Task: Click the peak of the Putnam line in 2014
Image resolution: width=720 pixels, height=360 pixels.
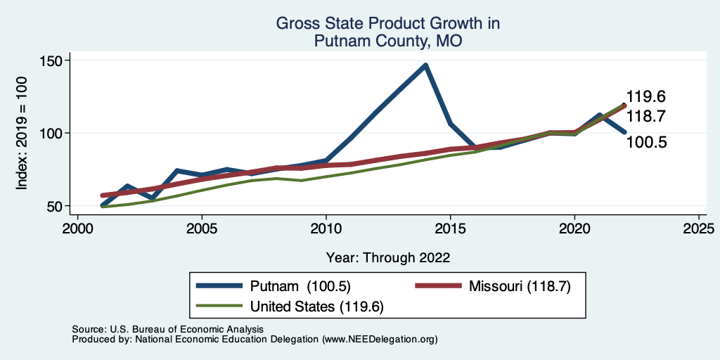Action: coord(425,65)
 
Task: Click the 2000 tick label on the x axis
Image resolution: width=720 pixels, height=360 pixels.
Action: coord(77,229)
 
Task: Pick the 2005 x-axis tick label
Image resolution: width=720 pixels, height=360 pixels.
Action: coord(202,229)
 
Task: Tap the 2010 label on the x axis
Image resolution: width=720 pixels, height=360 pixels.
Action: coord(326,229)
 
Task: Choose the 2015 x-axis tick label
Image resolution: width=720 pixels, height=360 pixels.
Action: coord(450,229)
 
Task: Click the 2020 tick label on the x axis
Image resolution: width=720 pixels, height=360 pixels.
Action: coord(574,229)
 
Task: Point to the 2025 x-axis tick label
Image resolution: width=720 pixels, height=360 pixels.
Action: coord(699,229)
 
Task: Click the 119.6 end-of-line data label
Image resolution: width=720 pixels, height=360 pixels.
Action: coord(646,97)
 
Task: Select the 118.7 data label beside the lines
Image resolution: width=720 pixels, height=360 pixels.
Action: coord(646,116)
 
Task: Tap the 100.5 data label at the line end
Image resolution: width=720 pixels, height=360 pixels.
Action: coord(646,143)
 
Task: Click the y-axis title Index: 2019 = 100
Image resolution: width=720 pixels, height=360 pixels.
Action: coord(22,134)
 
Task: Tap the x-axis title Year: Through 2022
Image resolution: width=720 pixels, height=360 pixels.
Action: coord(388,257)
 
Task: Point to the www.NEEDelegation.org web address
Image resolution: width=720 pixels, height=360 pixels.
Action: coord(378,340)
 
